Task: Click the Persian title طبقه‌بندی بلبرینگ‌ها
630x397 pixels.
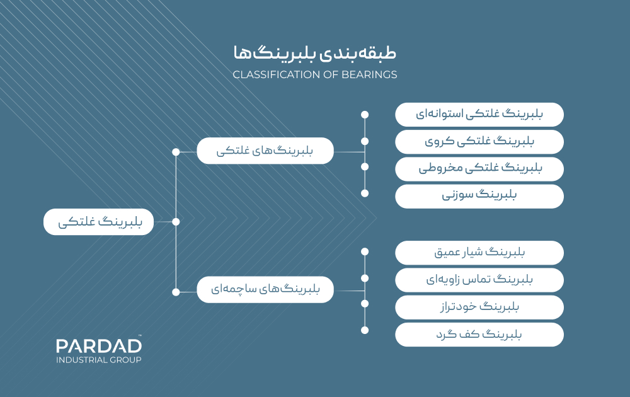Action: coord(315,54)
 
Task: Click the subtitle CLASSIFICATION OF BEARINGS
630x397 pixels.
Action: coord(315,74)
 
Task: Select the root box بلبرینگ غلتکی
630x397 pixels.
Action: coord(99,222)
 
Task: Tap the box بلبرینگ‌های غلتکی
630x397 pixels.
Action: coord(265,151)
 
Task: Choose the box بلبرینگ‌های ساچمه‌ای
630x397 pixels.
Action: coord(265,290)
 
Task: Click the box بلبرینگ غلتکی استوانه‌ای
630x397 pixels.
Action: coord(479,115)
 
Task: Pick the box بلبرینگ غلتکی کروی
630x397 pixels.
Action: coord(479,142)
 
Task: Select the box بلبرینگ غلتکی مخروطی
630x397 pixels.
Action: coord(479,169)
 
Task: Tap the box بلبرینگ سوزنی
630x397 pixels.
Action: coord(479,196)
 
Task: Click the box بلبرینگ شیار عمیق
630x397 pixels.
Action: coord(479,253)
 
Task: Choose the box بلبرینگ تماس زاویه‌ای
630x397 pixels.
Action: coord(479,280)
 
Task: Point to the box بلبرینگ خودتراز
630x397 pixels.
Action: coord(479,307)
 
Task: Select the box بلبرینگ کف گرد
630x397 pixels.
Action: coord(479,334)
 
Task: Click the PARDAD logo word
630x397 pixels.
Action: coord(98,345)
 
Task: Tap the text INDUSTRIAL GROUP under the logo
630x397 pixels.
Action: coord(98,360)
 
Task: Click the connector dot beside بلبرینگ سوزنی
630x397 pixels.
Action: coord(364,193)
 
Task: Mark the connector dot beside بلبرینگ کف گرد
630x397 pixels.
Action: coord(364,330)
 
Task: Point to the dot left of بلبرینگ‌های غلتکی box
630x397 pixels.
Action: coord(176,152)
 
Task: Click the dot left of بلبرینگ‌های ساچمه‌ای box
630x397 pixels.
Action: coord(176,292)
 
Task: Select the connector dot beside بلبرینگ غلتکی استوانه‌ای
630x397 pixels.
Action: coord(364,115)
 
